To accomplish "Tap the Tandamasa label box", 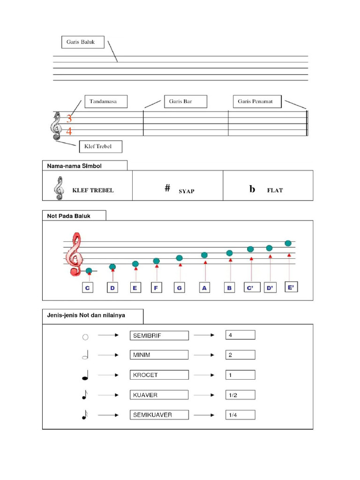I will [106, 102].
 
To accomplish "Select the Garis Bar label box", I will [186, 102].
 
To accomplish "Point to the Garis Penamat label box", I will [257, 102].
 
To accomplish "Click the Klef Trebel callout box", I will [101, 147].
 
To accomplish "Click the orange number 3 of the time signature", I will [69, 119].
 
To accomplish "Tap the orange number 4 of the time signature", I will [69, 131].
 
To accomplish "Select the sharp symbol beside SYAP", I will [167, 188].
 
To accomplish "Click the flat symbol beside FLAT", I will [252, 189].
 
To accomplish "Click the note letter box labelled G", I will [179, 288].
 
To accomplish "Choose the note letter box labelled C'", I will [251, 288].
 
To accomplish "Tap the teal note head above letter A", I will [204, 255].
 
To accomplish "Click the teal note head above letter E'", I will [288, 243].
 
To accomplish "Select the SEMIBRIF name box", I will [159, 335].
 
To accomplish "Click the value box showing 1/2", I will [240, 395].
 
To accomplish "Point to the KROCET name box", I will [159, 375].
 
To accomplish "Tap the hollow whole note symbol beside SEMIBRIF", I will [85, 336].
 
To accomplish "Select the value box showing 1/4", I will [240, 415].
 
